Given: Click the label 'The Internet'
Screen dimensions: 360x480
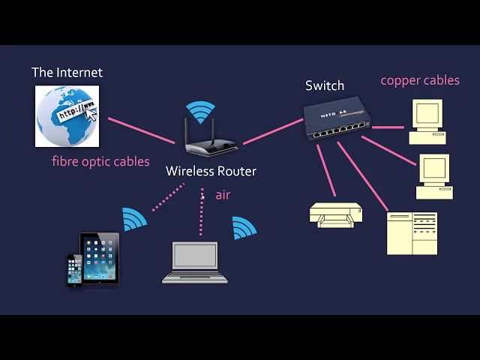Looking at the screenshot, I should pyautogui.click(x=67, y=73).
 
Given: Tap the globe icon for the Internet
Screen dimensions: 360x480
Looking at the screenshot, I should pyautogui.click(x=67, y=115).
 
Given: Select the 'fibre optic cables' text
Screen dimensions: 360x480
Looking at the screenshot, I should pyautogui.click(x=100, y=161).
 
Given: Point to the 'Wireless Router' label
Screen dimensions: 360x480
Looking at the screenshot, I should pyautogui.click(x=211, y=171).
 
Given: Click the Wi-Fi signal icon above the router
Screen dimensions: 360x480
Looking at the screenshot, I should pyautogui.click(x=200, y=112).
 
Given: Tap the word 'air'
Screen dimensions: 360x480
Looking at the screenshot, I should pyautogui.click(x=223, y=195).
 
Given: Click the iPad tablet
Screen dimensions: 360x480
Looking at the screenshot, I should pyautogui.click(x=100, y=258).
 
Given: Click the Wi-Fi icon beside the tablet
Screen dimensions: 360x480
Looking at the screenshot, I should pyautogui.click(x=134, y=220).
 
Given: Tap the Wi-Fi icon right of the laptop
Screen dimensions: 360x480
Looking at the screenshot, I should pyautogui.click(x=244, y=228).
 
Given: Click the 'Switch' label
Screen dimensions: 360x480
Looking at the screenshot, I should pyautogui.click(x=325, y=85).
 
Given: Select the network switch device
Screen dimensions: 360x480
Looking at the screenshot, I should pyautogui.click(x=337, y=121).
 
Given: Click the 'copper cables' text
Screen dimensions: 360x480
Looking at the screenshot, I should pyautogui.click(x=420, y=80).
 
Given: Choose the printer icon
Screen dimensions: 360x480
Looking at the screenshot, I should pyautogui.click(x=337, y=214).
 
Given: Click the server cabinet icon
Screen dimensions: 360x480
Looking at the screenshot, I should pyautogui.click(x=412, y=233).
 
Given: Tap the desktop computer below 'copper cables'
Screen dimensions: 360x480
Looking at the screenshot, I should pyautogui.click(x=427, y=121).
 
